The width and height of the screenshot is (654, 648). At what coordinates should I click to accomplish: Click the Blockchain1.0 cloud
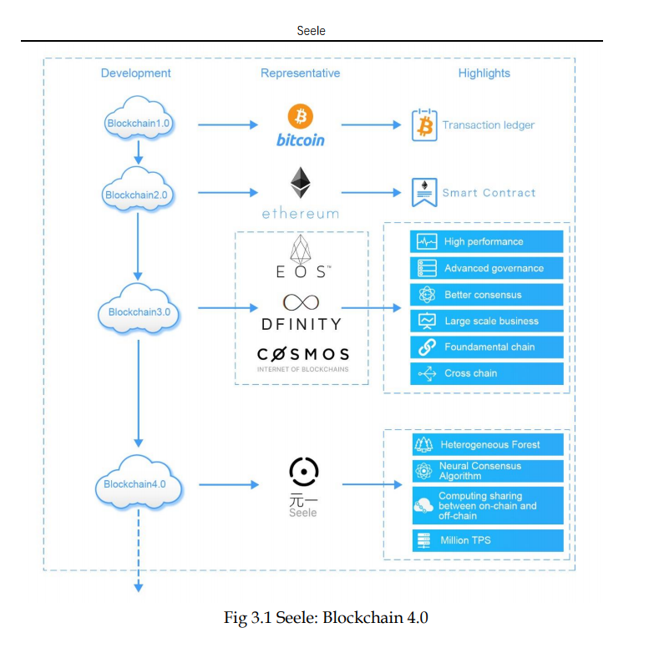click(139, 123)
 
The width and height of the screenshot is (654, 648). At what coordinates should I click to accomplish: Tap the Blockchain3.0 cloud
click(139, 312)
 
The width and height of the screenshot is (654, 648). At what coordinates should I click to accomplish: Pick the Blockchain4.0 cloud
click(139, 483)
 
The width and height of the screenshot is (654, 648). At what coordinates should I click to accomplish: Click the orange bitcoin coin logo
click(300, 117)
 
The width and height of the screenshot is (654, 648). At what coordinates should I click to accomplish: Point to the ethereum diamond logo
click(300, 183)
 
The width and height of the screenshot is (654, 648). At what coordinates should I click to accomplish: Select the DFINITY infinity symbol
click(301, 301)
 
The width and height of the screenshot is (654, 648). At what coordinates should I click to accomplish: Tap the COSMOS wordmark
click(302, 354)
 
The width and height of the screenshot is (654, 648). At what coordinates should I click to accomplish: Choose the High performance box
click(488, 242)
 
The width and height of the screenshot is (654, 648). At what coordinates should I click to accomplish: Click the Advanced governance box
click(488, 268)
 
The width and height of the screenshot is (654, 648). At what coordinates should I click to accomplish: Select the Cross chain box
click(488, 373)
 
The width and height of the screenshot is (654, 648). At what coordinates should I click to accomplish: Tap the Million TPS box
click(488, 540)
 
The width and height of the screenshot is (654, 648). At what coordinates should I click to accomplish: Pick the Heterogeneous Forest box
click(488, 445)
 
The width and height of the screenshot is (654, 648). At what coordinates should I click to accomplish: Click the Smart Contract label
click(489, 193)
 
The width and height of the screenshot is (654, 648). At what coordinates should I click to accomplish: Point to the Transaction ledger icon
click(424, 125)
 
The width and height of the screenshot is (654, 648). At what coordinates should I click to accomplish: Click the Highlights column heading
click(484, 73)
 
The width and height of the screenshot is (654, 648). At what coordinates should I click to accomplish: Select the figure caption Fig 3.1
click(326, 618)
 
